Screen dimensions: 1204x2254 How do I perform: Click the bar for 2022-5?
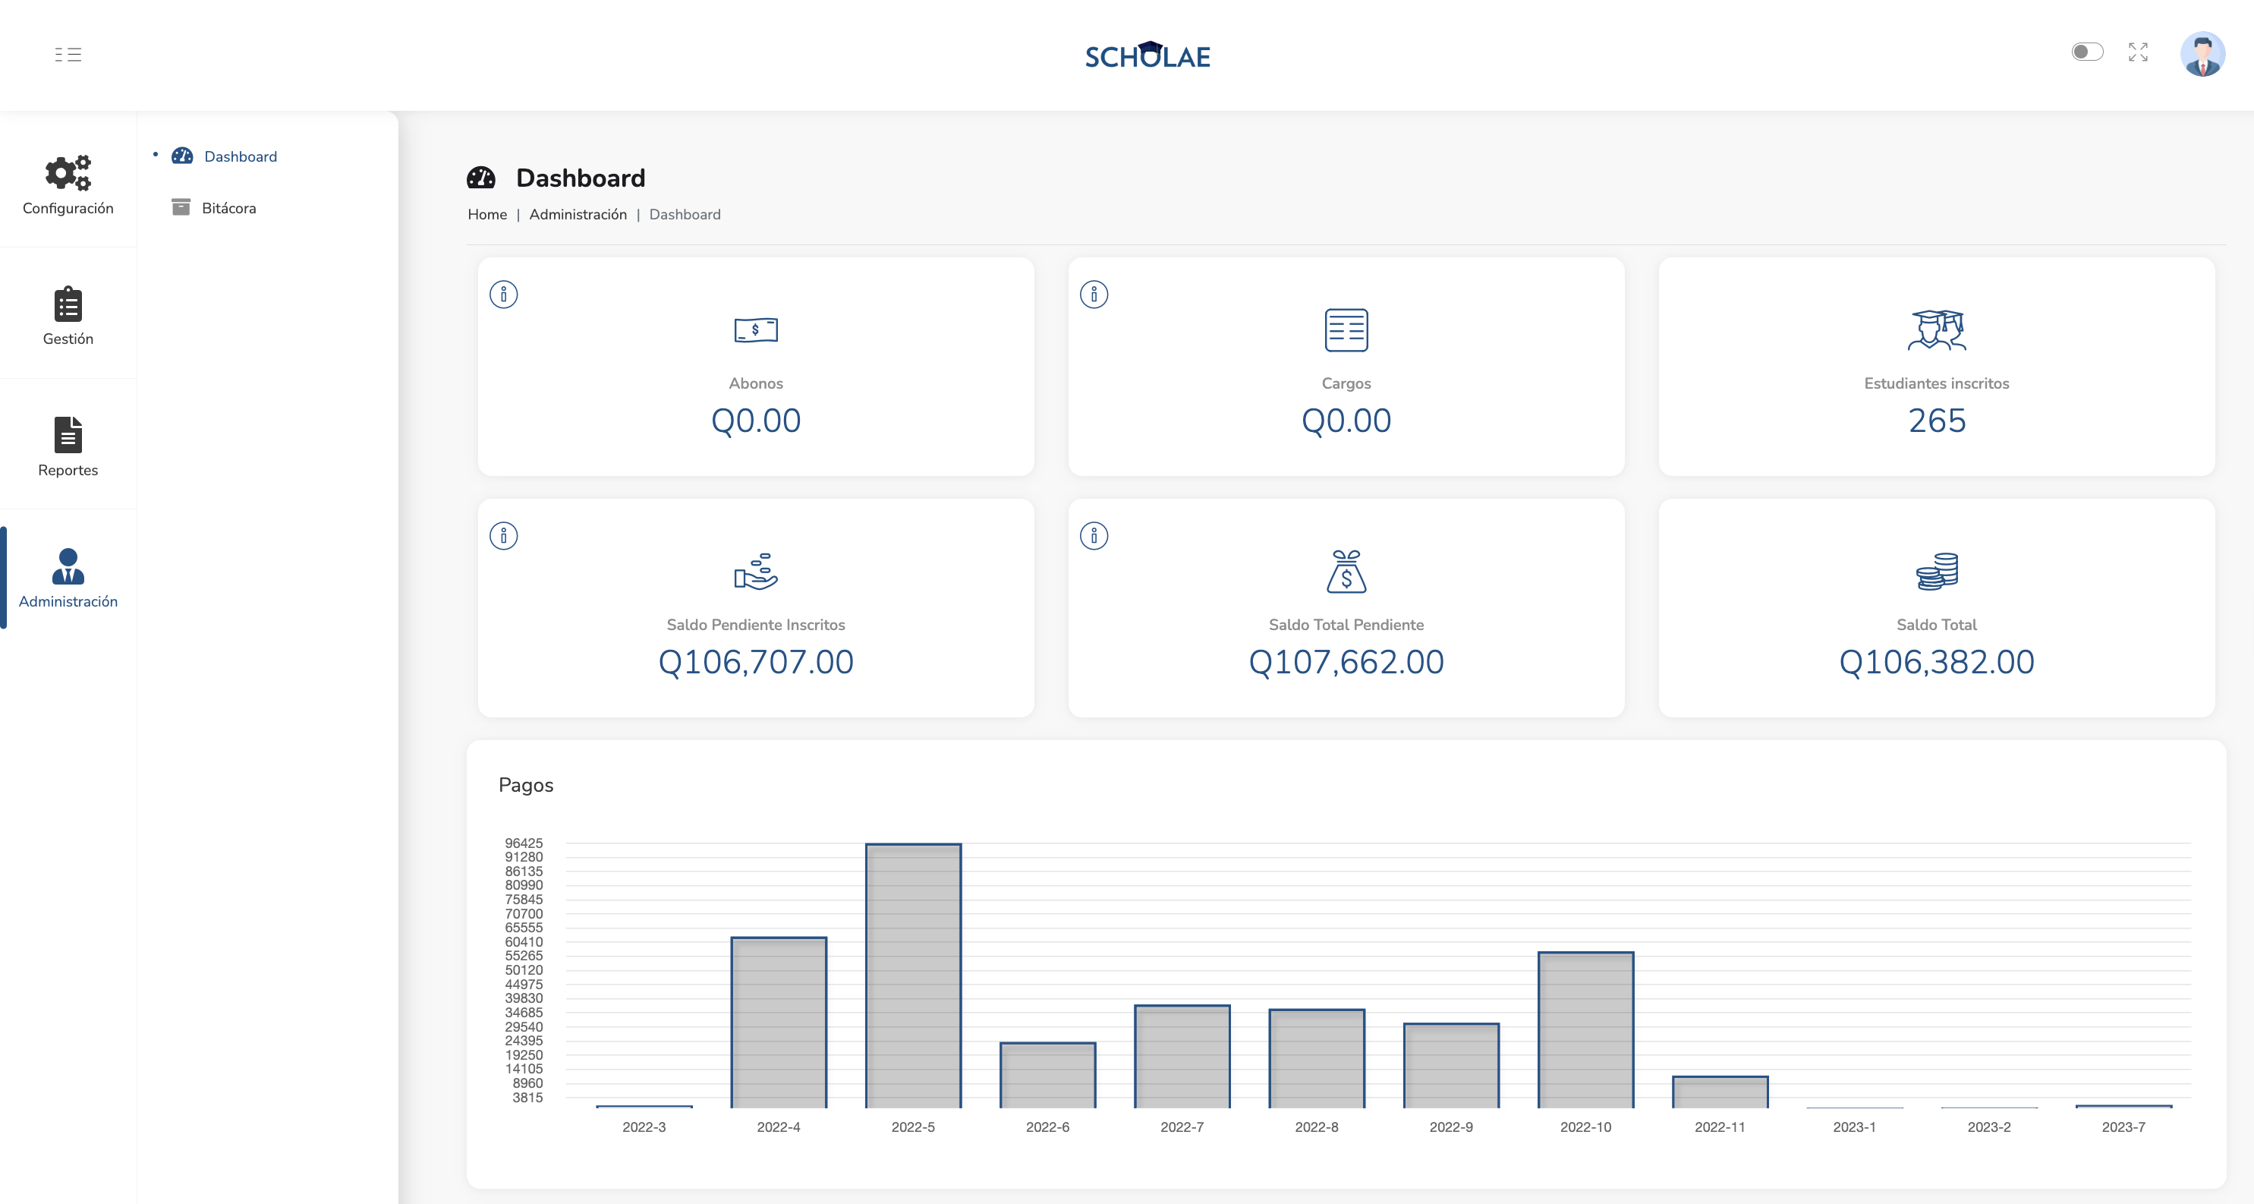tap(913, 975)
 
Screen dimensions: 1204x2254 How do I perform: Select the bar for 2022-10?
tap(1585, 1030)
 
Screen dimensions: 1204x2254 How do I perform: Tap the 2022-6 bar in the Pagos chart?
tap(1047, 1076)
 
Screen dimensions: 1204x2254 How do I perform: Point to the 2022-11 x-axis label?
tap(1720, 1127)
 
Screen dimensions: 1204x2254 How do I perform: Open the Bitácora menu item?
tap(228, 208)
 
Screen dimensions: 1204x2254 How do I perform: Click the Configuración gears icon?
tap(68, 172)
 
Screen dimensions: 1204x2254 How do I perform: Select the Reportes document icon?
tap(68, 435)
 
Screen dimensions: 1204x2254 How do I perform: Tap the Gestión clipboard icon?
tap(68, 304)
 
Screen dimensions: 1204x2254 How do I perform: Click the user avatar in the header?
tap(2202, 54)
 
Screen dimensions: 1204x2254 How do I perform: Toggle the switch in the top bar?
tap(2087, 52)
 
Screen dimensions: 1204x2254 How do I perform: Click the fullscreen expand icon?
tap(2138, 52)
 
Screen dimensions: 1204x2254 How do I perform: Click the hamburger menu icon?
tap(68, 54)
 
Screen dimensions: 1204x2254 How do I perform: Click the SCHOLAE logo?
tap(1147, 55)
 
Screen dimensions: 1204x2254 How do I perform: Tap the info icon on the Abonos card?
tap(503, 294)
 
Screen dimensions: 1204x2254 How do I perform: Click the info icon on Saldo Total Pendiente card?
tap(1094, 535)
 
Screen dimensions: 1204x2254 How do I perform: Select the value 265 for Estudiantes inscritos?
tap(1936, 421)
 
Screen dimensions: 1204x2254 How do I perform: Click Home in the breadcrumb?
tap(487, 214)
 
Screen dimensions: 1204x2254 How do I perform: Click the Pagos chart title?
tap(526, 785)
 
